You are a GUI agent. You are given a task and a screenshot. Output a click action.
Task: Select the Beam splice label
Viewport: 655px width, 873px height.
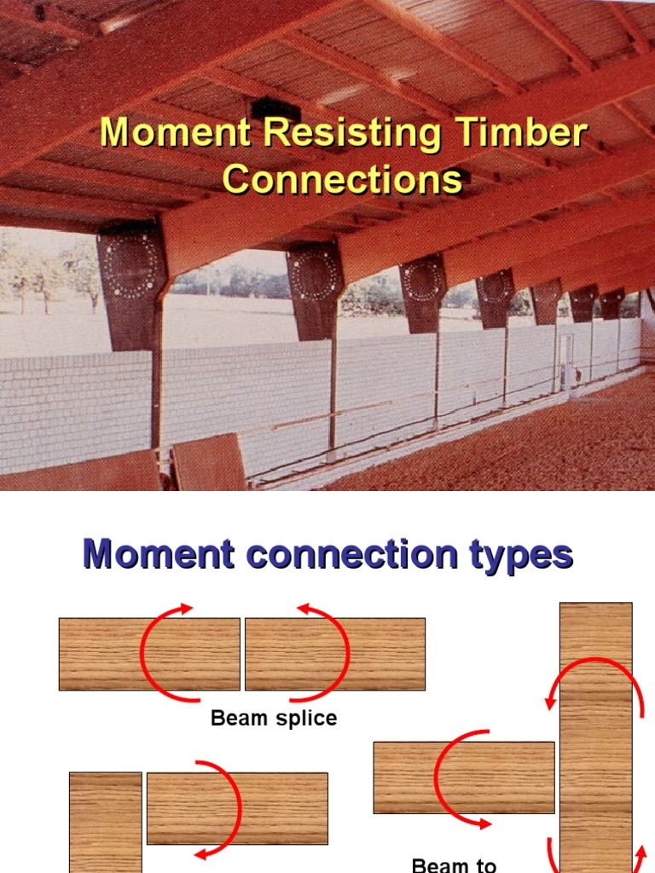(x=274, y=719)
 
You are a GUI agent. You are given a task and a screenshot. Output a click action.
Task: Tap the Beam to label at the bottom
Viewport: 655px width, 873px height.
(x=454, y=864)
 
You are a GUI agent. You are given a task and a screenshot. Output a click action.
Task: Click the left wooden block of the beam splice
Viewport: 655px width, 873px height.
(x=102, y=654)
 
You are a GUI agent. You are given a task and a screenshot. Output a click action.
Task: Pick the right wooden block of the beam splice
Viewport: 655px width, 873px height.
(x=384, y=654)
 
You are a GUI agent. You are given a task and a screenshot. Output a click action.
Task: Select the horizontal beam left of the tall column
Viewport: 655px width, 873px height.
(x=409, y=777)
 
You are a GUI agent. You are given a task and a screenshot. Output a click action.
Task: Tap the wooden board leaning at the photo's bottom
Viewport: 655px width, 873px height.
(x=209, y=463)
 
